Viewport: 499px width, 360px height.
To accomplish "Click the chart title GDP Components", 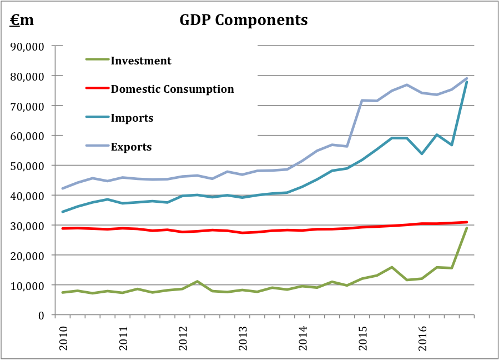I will [244, 20].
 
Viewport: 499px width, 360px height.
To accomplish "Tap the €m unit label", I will [22, 20].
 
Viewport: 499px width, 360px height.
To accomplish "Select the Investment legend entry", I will [141, 61].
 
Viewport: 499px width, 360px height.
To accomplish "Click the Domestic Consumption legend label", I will [172, 89].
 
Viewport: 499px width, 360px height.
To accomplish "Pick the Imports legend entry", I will [132, 118].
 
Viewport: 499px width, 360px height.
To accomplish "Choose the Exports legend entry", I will [131, 147].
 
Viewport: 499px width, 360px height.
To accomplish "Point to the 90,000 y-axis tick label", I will [28, 46].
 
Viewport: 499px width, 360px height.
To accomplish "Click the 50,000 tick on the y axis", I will [28, 166].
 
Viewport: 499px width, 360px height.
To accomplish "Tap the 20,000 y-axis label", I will [28, 256].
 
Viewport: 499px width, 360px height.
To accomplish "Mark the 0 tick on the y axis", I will [41, 315].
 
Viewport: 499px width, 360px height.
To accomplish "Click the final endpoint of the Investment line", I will [467, 228].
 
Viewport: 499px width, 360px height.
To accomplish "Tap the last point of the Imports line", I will [467, 82].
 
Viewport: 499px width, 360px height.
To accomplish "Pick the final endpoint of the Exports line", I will [467, 78].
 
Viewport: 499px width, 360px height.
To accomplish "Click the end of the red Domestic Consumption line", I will [467, 222].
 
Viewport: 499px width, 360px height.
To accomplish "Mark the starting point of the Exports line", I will [62, 188].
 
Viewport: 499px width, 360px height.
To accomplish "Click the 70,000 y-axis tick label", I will [28, 106].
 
